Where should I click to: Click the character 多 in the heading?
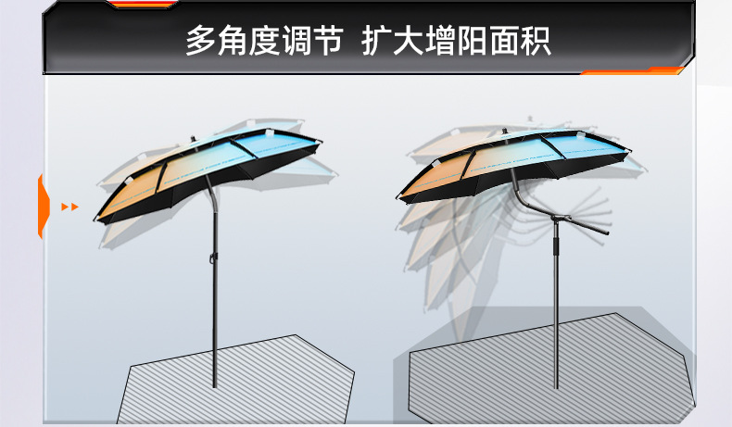click(x=201, y=42)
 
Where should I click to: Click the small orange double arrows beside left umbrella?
click(x=69, y=207)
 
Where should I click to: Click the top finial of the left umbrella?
click(x=194, y=140)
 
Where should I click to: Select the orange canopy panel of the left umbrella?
click(x=128, y=191)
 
